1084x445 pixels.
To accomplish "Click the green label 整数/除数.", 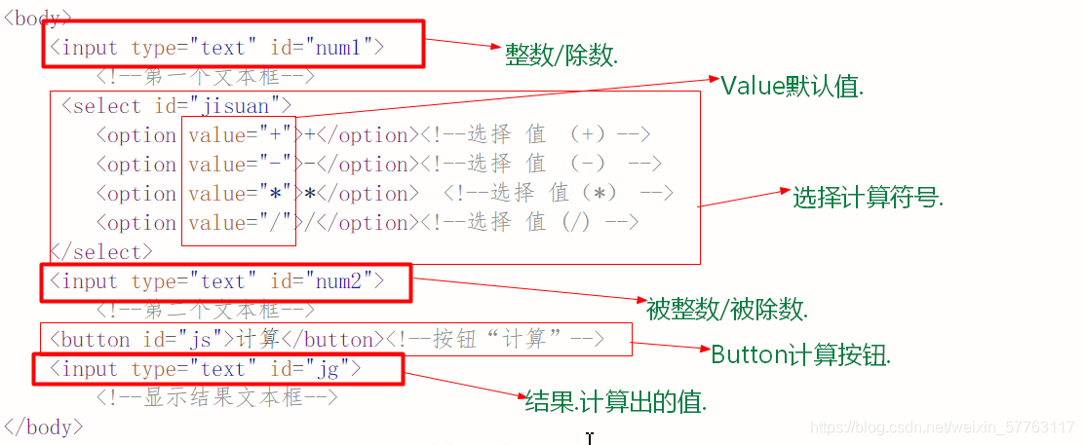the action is pyautogui.click(x=561, y=56).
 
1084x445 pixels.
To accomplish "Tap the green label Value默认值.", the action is pyautogui.click(x=792, y=86).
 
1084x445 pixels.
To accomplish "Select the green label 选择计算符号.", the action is pyautogui.click(x=868, y=198).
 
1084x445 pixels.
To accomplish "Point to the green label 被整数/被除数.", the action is pyautogui.click(x=726, y=310).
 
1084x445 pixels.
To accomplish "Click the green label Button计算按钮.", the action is pyautogui.click(x=800, y=354).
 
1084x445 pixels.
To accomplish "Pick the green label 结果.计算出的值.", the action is pyautogui.click(x=615, y=401).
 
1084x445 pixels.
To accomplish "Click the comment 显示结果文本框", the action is pyautogui.click(x=216, y=397).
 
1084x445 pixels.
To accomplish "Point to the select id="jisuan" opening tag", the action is pyautogui.click(x=176, y=106).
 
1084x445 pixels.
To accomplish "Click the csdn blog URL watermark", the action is pyautogui.click(x=943, y=427).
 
